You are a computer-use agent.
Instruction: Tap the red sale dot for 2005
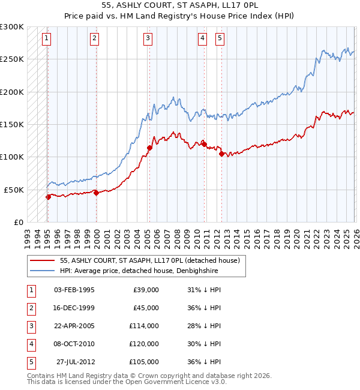(149, 147)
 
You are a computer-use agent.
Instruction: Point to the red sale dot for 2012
(221, 154)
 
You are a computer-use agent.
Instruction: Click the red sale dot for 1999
(96, 193)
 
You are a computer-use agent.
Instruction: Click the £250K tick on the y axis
(12, 59)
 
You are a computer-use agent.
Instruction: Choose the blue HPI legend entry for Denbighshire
(138, 271)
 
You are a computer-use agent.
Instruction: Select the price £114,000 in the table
(144, 326)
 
